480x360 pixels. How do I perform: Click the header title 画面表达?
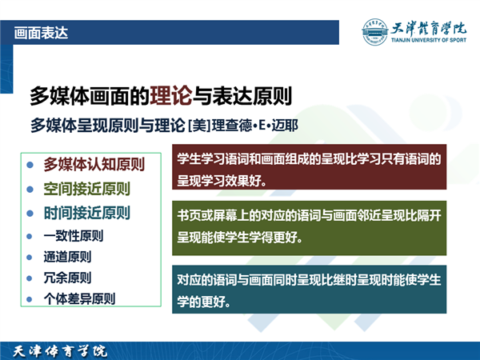pos(41,33)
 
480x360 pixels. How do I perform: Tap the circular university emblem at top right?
pos(374,32)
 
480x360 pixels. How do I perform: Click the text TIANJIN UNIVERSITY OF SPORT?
pos(429,40)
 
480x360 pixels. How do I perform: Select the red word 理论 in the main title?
pos(171,96)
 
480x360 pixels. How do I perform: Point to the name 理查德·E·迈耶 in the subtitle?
pos(255,126)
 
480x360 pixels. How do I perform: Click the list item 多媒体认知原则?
pos(94,164)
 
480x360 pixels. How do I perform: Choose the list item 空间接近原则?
pos(87,189)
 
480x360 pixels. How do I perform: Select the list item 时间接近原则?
pos(87,213)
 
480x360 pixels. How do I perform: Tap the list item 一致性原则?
pos(74,236)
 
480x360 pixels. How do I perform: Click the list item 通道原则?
pos(67,257)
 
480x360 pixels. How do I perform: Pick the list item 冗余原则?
pos(67,278)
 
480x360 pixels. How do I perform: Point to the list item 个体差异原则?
pos(79,298)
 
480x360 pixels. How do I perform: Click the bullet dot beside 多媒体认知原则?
pos(30,165)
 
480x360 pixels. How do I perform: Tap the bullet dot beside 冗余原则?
pos(30,278)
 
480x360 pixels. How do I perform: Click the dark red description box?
pos(309,167)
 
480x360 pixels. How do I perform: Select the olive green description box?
pos(309,228)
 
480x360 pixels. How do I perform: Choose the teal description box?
pos(309,290)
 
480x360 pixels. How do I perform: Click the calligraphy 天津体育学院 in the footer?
pos(60,351)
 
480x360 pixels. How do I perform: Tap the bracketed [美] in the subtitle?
pos(199,126)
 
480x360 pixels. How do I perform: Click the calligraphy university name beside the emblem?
pos(429,29)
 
